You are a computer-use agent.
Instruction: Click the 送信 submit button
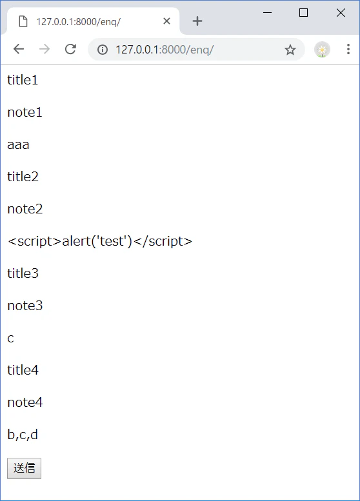coord(25,468)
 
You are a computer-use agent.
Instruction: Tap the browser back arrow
coord(19,49)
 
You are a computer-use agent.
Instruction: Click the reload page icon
coord(70,49)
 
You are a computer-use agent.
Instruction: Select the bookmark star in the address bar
coord(290,50)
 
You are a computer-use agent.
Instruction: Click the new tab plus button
coord(197,21)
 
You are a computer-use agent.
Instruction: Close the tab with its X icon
coord(166,21)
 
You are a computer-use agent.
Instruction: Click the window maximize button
coord(303,13)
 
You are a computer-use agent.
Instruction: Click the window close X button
coord(341,13)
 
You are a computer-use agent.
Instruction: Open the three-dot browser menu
coord(348,49)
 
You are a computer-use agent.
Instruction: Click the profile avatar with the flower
coord(322,50)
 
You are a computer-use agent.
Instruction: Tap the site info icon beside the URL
coord(103,50)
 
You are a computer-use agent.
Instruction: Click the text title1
coord(23,80)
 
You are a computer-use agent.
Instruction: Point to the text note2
coord(25,209)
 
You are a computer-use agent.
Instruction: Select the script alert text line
coord(100,241)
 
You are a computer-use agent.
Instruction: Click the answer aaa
coord(18,145)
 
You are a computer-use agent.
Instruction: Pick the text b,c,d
coord(23,435)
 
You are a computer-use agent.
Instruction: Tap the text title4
coord(23,370)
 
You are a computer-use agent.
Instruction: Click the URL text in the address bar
coord(165,50)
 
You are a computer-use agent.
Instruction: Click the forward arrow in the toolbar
coord(45,49)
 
